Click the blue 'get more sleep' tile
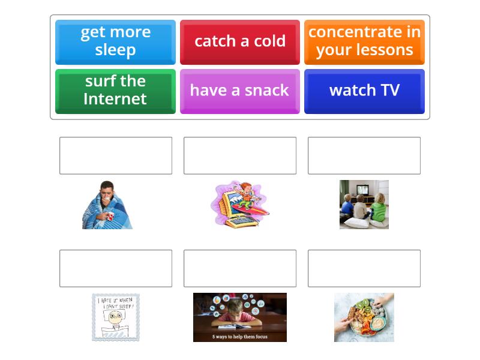115,41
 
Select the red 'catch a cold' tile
240,41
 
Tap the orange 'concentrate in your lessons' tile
364,41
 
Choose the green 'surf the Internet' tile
115,91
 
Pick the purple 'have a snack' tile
240,91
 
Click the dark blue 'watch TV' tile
364,91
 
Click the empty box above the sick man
116,155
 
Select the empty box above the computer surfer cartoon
240,155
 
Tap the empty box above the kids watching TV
364,155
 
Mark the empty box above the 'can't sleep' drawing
116,268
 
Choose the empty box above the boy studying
240,268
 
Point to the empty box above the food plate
364,268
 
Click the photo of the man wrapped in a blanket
107,205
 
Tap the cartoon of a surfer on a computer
240,204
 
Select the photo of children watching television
364,205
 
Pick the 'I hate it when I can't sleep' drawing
116,317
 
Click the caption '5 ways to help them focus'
240,337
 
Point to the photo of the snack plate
364,317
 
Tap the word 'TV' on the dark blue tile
389,91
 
